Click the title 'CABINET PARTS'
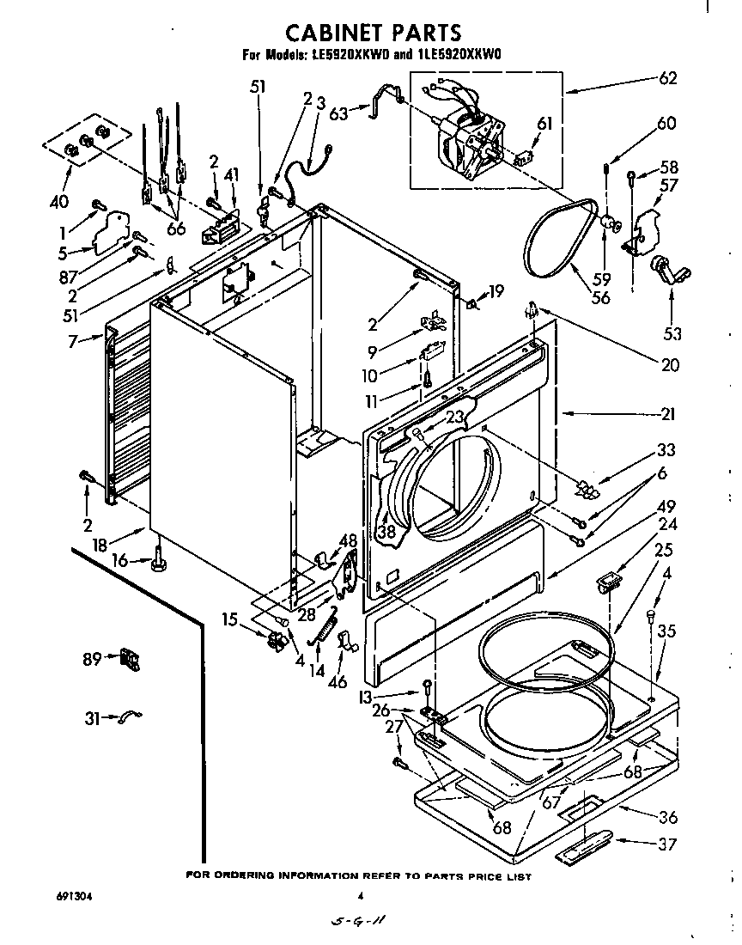[373, 33]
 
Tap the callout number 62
[667, 79]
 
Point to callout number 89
[92, 659]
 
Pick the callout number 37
[667, 844]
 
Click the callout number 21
[667, 415]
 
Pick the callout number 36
[667, 817]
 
